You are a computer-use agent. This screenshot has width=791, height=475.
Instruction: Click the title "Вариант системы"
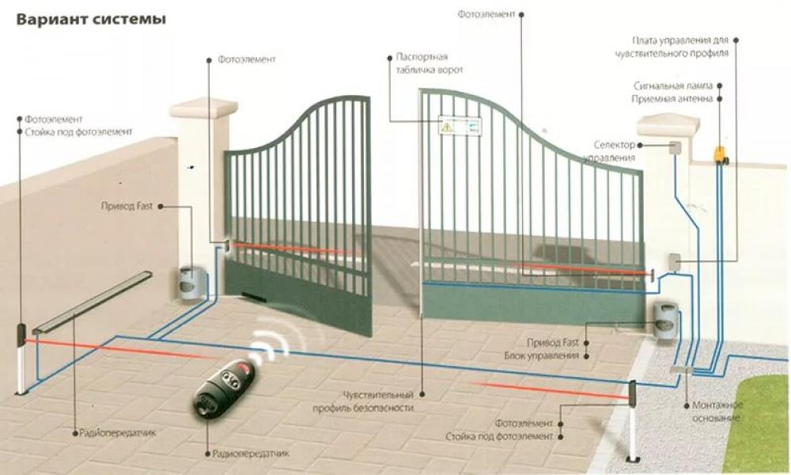pos(91,20)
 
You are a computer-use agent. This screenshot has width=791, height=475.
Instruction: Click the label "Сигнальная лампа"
pos(673,85)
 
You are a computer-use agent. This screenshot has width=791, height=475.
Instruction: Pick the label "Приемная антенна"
pos(672,99)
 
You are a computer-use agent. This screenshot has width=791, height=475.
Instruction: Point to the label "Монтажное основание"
pos(712,411)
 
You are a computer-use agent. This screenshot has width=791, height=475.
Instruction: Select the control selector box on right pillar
pos(675,147)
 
